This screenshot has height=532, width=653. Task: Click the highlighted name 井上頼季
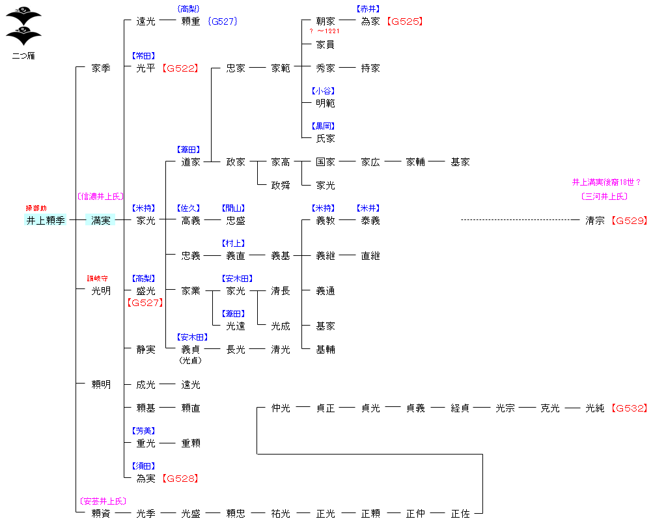click(x=46, y=220)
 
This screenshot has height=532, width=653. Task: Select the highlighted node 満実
click(x=101, y=220)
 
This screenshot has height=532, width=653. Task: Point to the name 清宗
click(x=595, y=220)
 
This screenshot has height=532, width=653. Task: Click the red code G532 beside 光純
click(x=630, y=408)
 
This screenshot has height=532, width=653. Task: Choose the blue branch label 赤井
click(x=368, y=9)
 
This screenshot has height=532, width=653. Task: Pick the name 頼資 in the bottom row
click(x=101, y=514)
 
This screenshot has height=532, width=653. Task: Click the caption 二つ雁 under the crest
click(x=23, y=56)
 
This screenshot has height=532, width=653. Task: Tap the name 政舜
click(x=281, y=185)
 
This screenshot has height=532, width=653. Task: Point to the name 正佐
click(x=460, y=514)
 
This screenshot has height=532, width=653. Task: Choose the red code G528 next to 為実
click(x=180, y=479)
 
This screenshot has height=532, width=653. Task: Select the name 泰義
click(x=370, y=220)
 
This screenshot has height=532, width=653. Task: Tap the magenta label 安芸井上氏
click(x=103, y=501)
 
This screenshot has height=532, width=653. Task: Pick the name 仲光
click(x=281, y=408)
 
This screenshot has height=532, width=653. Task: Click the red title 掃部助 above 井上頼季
click(x=36, y=208)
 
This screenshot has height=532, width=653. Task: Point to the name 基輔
click(x=326, y=349)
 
